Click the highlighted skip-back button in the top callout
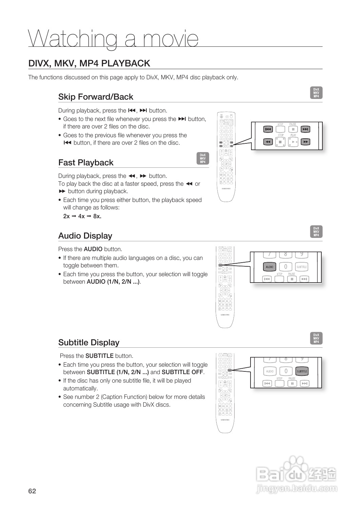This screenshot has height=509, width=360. click(268, 129)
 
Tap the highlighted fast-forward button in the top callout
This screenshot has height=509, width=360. click(306, 142)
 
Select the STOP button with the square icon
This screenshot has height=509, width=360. click(280, 142)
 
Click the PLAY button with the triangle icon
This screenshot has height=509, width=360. click(293, 142)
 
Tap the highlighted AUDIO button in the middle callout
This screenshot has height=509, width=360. click(269, 267)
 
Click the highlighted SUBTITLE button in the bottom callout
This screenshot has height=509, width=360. click(302, 371)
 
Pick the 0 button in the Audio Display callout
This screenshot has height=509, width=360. click(285, 267)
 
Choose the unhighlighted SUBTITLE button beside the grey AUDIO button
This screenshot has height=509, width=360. click(301, 267)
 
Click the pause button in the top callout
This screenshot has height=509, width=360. click(293, 129)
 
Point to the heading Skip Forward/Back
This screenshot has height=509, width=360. click(96, 97)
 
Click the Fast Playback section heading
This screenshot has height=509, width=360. click(86, 163)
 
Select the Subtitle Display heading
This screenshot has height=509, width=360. click(89, 343)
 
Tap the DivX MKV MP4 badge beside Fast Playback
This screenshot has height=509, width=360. click(202, 158)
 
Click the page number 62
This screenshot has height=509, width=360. click(32, 491)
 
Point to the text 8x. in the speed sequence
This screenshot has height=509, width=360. click(97, 216)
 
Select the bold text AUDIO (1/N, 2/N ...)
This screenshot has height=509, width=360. click(113, 282)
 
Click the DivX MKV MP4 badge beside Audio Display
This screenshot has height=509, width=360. click(316, 232)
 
